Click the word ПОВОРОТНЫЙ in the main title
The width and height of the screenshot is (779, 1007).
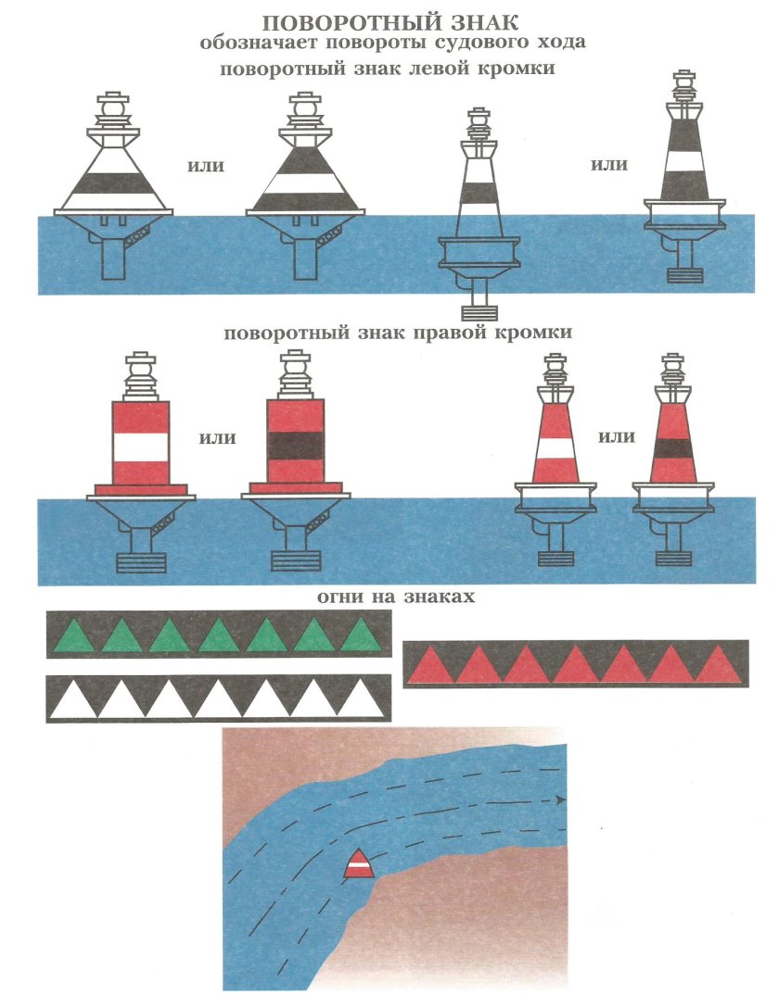344,22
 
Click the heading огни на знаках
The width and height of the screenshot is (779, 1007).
396,597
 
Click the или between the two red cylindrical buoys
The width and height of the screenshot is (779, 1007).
217,438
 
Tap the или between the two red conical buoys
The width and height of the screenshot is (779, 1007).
617,437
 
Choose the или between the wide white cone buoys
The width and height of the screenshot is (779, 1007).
206,166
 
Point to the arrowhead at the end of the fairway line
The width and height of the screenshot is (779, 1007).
560,800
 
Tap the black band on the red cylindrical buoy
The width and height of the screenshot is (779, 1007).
295,445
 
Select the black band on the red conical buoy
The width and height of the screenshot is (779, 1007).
671,448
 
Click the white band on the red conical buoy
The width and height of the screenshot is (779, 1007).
554,449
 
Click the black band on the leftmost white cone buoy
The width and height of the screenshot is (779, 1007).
114,184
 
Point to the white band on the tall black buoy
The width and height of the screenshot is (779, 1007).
683,160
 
